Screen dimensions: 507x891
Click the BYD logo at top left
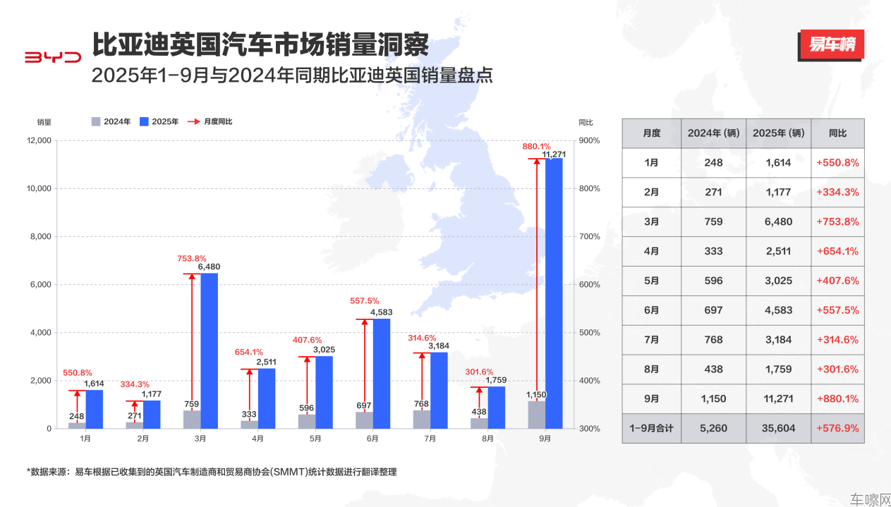click(53, 57)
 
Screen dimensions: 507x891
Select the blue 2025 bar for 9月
click(554, 293)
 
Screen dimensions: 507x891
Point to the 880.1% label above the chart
click(535, 147)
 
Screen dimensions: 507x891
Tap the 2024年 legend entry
click(111, 121)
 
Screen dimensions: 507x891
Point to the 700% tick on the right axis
click(589, 237)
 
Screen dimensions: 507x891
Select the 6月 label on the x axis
click(372, 439)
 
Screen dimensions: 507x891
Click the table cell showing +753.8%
click(837, 221)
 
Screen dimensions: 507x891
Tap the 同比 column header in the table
click(837, 133)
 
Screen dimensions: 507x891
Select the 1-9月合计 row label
click(652, 428)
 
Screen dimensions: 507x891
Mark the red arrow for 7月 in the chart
click(422, 381)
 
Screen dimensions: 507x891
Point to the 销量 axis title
click(44, 121)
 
